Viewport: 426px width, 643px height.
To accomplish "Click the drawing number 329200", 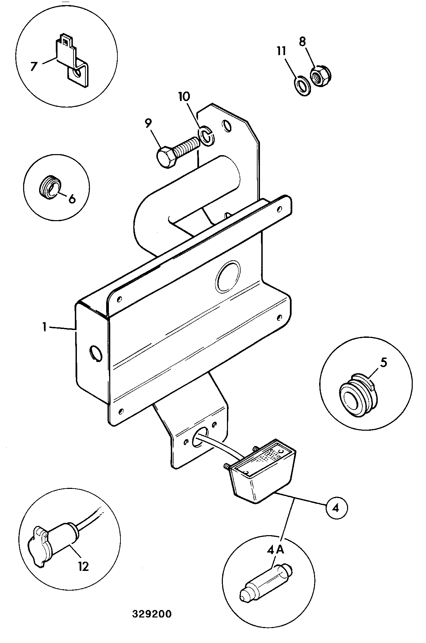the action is pos(152,613).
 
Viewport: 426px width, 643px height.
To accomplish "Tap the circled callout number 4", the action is pos(335,509).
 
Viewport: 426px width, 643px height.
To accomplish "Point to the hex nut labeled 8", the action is pos(321,75).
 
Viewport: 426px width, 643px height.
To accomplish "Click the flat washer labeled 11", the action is pos(301,85).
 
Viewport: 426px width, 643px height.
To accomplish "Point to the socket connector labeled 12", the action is pos(55,539).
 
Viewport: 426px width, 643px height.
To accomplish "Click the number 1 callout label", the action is pos(45,327).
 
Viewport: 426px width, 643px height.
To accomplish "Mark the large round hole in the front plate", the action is pos(228,276).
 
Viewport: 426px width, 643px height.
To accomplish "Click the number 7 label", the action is pos(33,66).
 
